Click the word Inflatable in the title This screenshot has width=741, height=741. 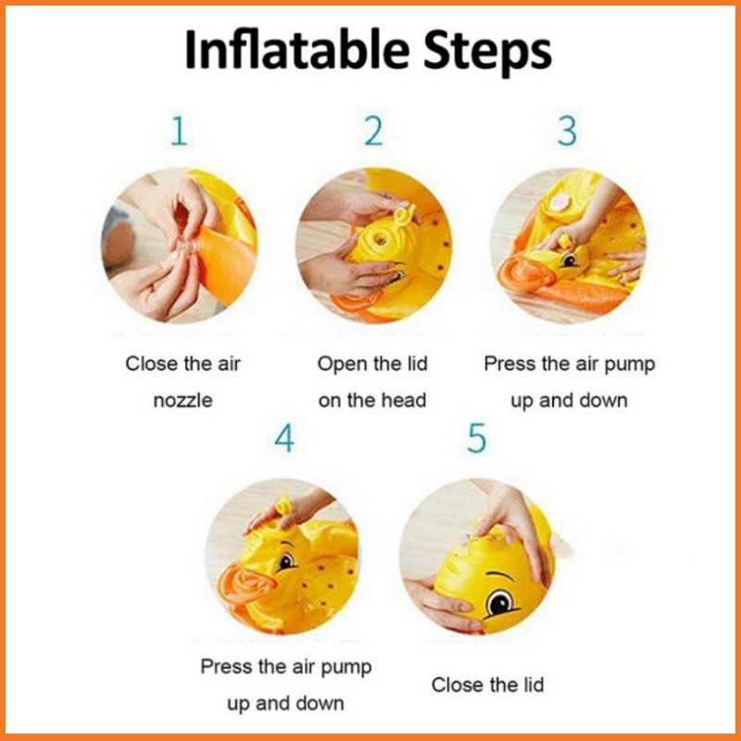(297, 50)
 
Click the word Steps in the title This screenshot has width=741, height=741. (487, 52)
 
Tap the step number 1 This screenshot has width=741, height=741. (179, 131)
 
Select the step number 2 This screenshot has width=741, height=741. (373, 131)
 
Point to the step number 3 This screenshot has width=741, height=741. (567, 131)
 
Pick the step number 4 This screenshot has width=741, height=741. (284, 438)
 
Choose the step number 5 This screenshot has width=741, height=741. (476, 438)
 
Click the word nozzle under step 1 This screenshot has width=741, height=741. (182, 401)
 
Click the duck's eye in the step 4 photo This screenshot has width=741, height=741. (286, 562)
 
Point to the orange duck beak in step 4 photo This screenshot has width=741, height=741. (245, 585)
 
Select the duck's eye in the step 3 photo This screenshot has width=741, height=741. (570, 260)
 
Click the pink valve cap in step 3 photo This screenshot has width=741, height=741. (559, 203)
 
